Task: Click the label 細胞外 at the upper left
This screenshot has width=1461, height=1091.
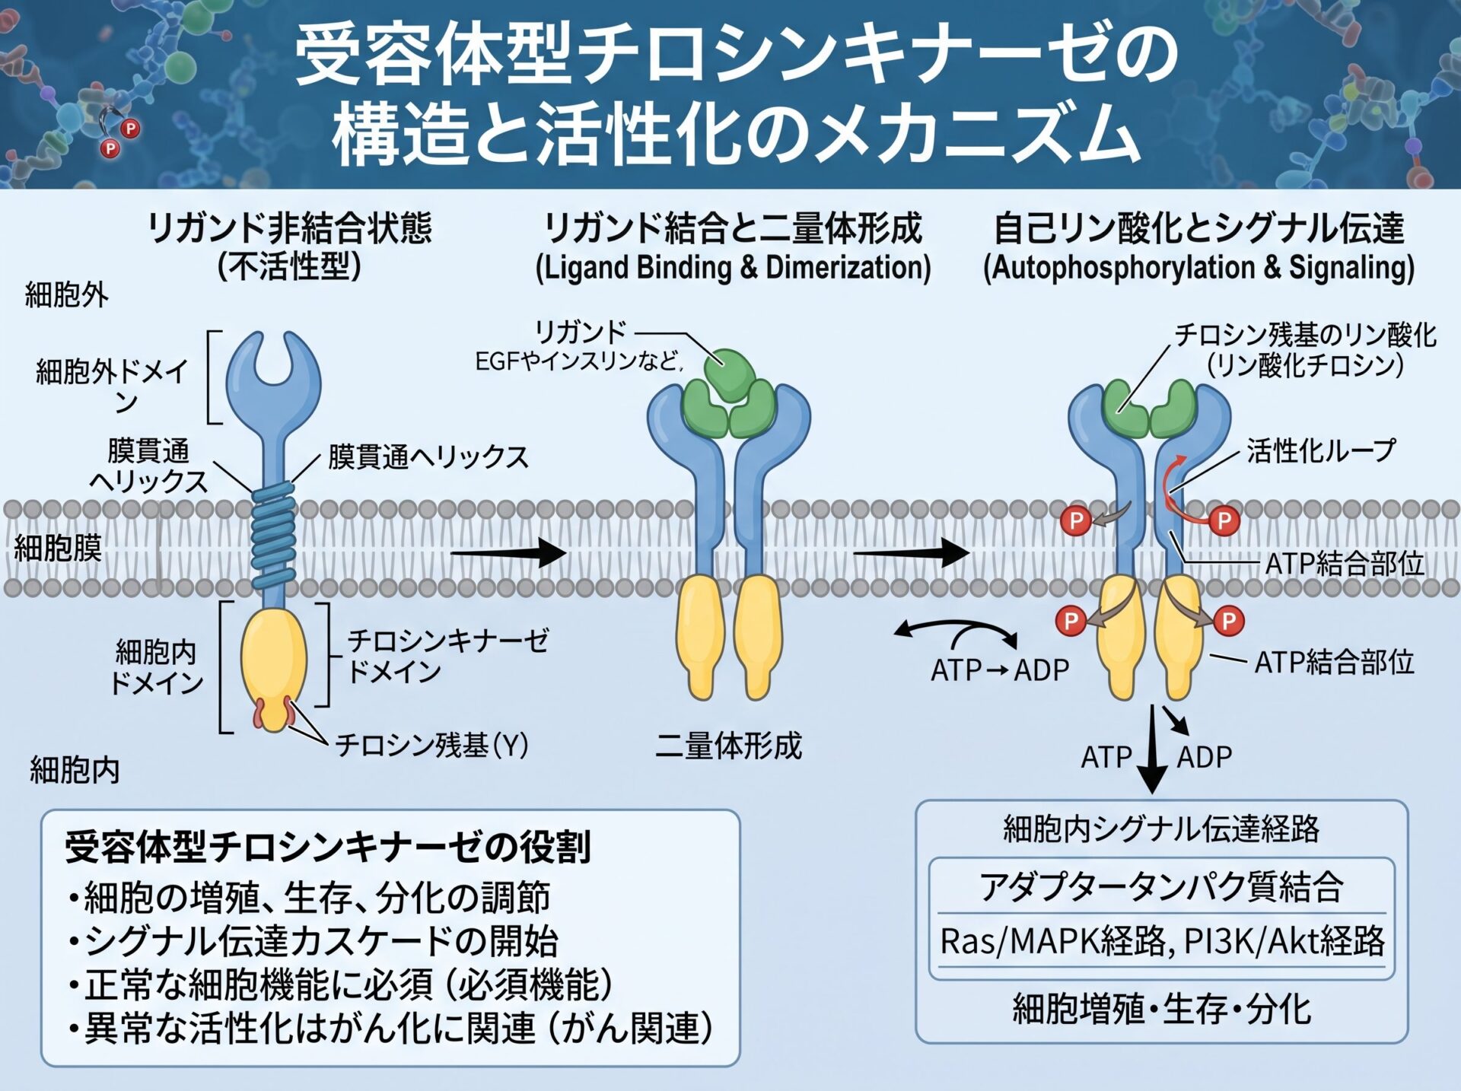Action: pyautogui.click(x=67, y=295)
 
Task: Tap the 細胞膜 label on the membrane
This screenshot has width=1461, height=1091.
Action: pyautogui.click(x=58, y=548)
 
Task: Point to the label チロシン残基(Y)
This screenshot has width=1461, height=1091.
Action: pyautogui.click(x=432, y=745)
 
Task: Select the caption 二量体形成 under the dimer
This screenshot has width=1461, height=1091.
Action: pyautogui.click(x=728, y=746)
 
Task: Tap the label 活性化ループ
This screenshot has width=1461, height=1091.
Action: pyautogui.click(x=1321, y=451)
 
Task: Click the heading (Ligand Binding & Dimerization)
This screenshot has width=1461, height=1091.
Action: pyautogui.click(x=733, y=268)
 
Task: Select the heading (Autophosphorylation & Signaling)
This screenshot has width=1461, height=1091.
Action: pyautogui.click(x=1198, y=268)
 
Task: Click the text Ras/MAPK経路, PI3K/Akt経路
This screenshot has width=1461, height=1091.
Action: pyautogui.click(x=1162, y=941)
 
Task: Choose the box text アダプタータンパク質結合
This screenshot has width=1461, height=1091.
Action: pyautogui.click(x=1161, y=887)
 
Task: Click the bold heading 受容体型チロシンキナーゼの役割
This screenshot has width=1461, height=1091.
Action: pyautogui.click(x=328, y=847)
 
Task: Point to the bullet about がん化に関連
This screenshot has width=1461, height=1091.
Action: pyautogui.click(x=390, y=1029)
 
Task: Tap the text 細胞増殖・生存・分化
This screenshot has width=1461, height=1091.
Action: pyautogui.click(x=1161, y=1010)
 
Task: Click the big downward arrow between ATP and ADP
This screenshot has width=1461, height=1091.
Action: pyautogui.click(x=1152, y=749)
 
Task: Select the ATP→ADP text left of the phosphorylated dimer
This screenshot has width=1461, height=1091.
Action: pyautogui.click(x=1000, y=670)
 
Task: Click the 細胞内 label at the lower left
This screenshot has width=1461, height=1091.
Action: pyautogui.click(x=75, y=771)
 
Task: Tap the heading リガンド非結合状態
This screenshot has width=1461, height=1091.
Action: pyautogui.click(x=290, y=228)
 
